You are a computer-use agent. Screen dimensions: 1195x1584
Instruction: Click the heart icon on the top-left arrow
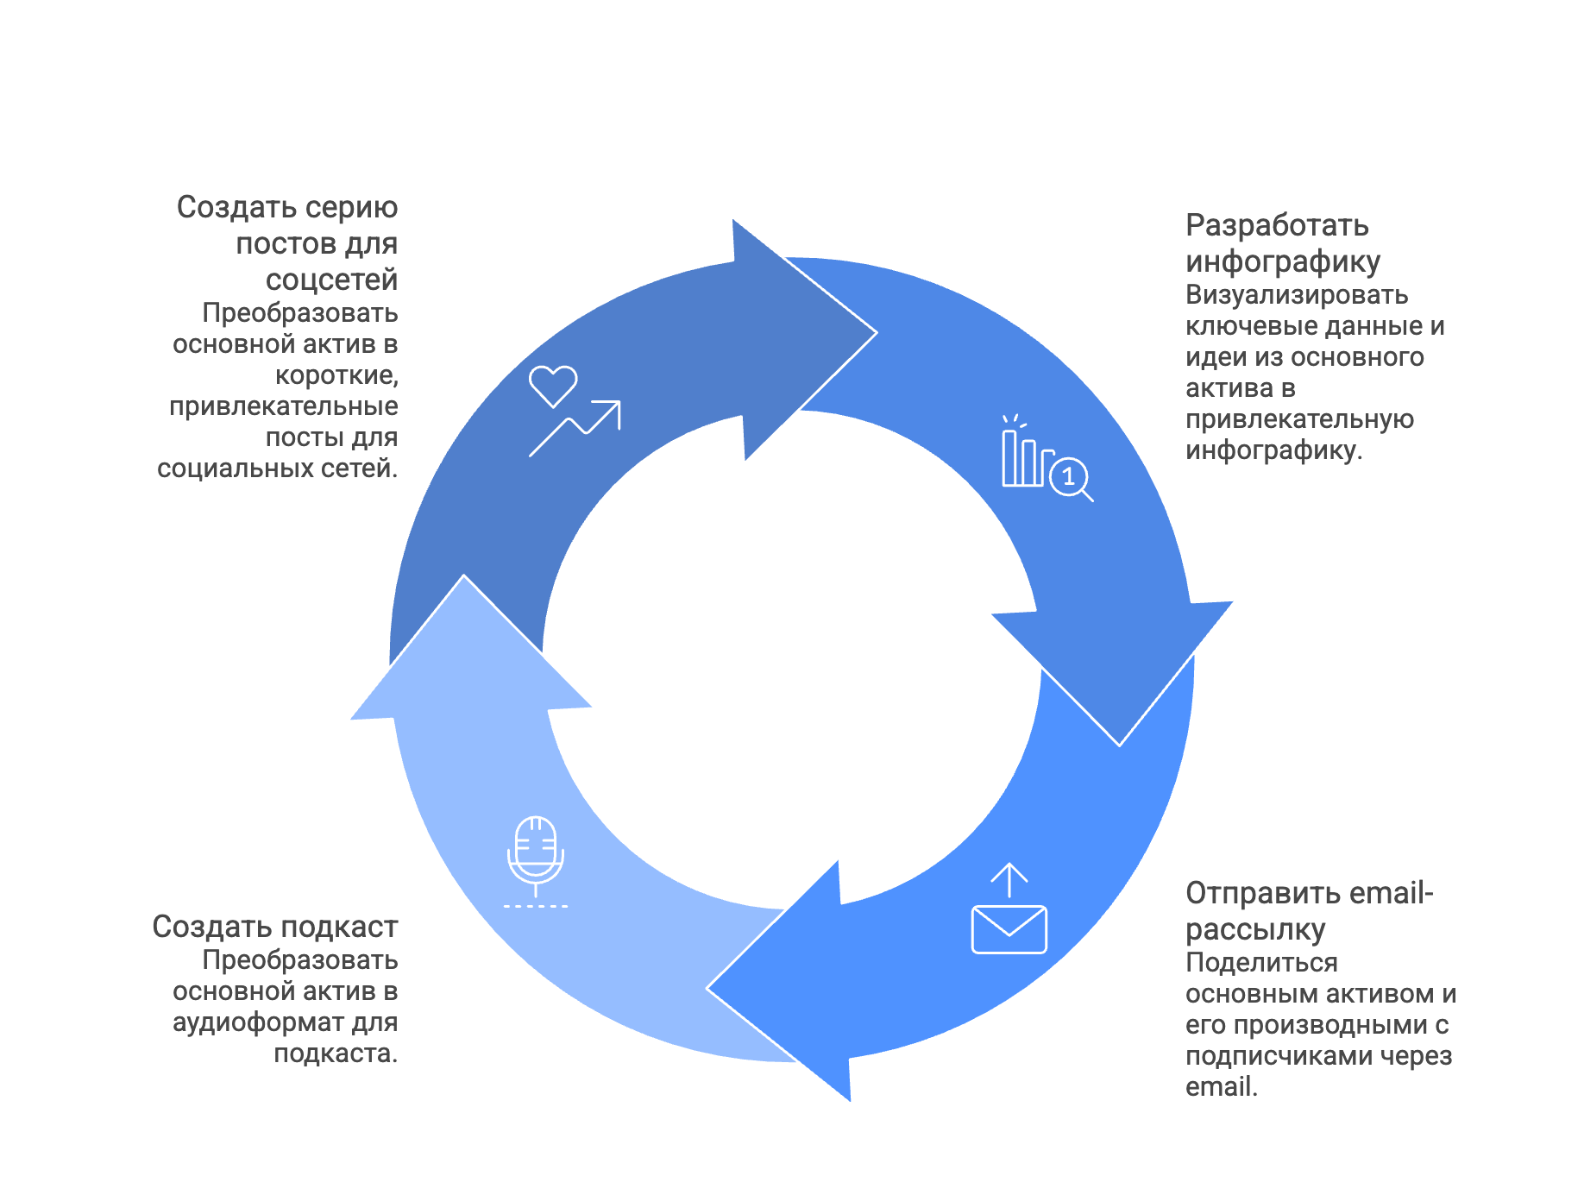pos(553,385)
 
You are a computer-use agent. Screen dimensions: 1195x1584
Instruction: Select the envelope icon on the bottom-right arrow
pos(1009,929)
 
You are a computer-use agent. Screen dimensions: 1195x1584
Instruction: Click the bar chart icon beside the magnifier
pos(1023,458)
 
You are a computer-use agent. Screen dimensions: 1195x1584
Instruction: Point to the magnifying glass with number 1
pos(1070,477)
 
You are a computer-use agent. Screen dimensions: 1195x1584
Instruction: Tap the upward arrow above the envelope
pos(1009,880)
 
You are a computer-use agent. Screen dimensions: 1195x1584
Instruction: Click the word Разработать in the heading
pos(1277,225)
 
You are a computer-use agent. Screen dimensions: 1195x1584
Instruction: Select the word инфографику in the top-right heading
pos(1283,261)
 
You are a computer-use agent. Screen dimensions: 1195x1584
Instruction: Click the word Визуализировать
pos(1297,295)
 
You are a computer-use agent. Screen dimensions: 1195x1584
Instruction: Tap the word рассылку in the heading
pos(1255,929)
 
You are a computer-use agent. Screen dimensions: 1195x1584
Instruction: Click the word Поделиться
pos(1261,963)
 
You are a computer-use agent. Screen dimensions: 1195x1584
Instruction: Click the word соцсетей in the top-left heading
pos(331,280)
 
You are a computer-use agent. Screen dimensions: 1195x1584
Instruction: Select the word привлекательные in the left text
pos(284,406)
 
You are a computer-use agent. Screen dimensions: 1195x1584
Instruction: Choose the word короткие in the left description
pos(336,375)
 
